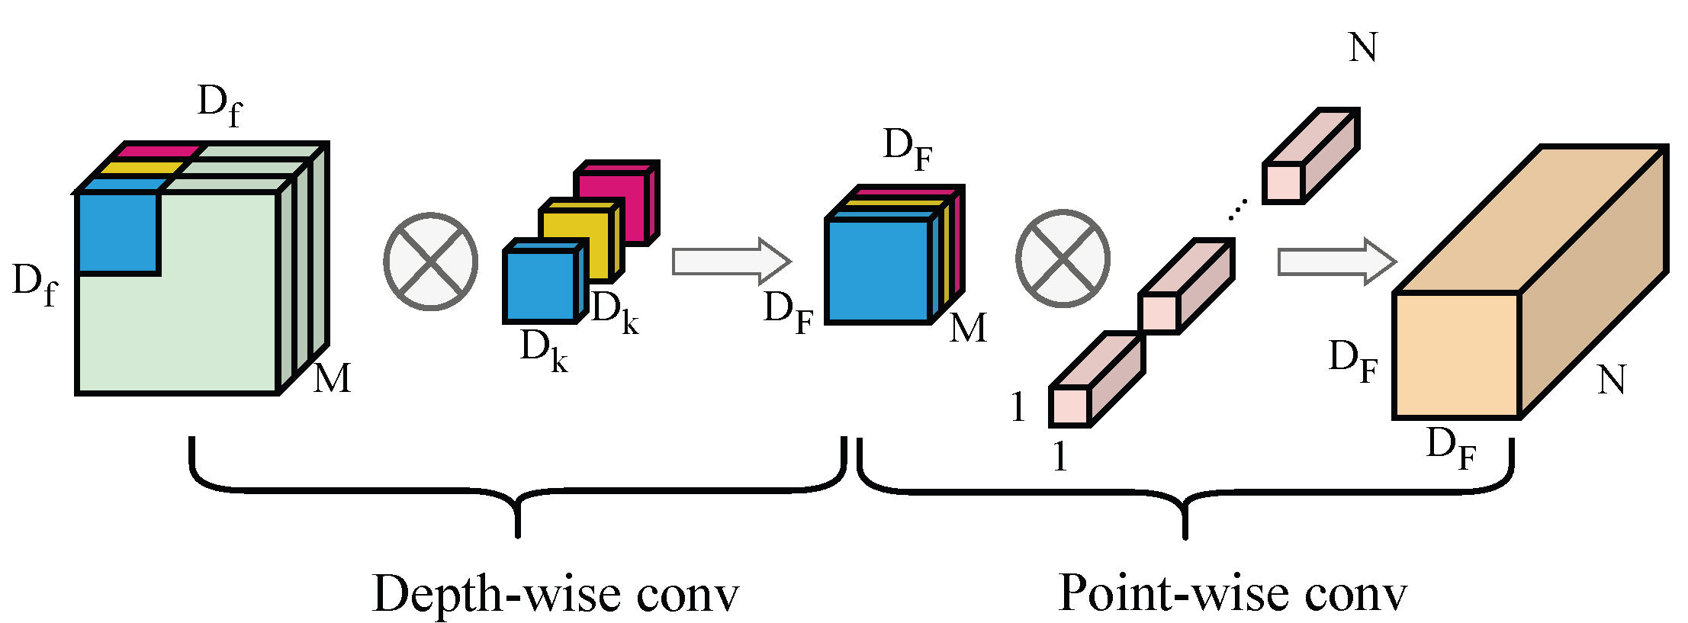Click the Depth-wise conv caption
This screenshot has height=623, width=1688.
(x=555, y=594)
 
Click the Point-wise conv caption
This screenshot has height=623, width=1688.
(x=1232, y=592)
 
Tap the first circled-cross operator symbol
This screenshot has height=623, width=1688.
(x=431, y=262)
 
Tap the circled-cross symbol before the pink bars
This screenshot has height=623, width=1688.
(x=1063, y=259)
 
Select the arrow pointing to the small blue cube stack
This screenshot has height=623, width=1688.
(x=731, y=261)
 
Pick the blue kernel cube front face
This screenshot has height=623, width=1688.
(x=540, y=285)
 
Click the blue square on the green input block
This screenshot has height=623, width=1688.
(x=117, y=233)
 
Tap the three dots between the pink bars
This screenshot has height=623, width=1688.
(x=1238, y=208)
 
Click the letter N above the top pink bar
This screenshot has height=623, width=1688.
(x=1363, y=47)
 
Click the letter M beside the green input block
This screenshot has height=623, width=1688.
(x=333, y=378)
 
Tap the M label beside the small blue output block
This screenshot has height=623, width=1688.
(x=968, y=328)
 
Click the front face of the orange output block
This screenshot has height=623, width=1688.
(x=1456, y=355)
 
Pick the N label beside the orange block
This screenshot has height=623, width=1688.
(x=1611, y=379)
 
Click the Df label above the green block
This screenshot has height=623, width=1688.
(x=219, y=105)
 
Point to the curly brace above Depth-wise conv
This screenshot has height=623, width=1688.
(x=517, y=488)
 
